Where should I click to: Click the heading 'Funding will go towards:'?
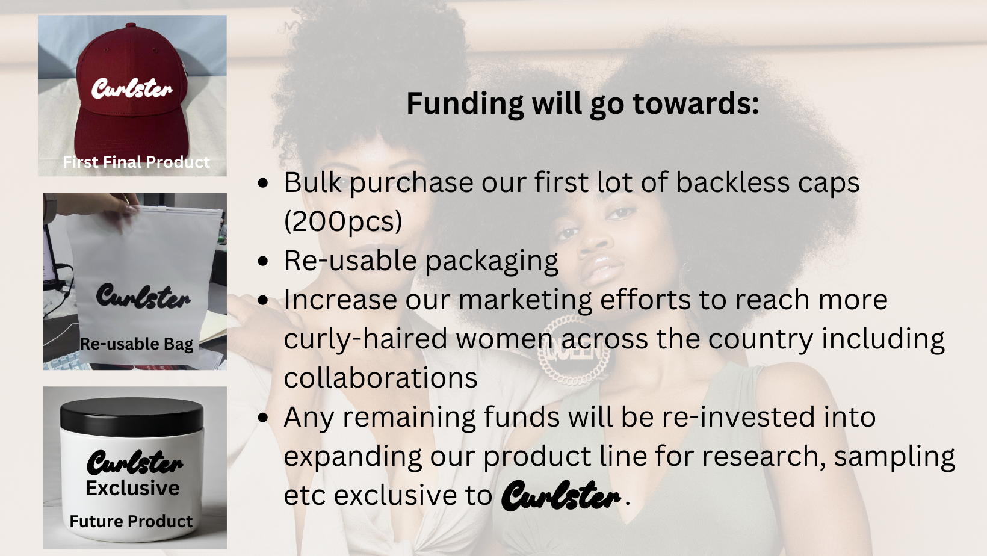(583, 105)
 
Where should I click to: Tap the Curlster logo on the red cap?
(132, 88)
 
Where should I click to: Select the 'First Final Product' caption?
(136, 162)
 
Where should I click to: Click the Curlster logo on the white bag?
(143, 295)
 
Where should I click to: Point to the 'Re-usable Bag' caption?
(137, 344)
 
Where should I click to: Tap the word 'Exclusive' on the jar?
(132, 488)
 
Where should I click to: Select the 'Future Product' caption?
(131, 521)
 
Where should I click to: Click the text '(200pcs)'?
(343, 221)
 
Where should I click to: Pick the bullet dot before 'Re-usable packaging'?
(263, 261)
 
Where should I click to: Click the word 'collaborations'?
(381, 378)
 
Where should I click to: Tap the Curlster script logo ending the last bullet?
(562, 496)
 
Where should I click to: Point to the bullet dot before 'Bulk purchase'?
(263, 183)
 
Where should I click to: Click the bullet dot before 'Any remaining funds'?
(263, 418)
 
